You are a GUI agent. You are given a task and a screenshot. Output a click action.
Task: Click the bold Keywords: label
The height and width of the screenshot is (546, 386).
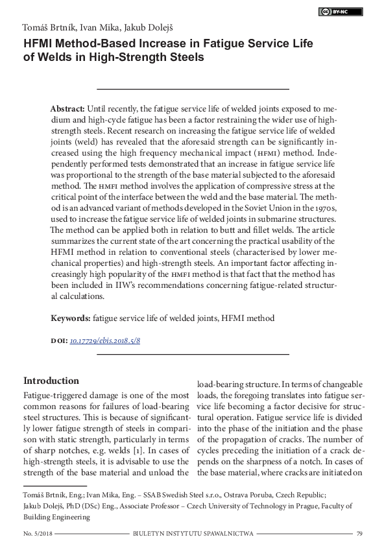[71, 318]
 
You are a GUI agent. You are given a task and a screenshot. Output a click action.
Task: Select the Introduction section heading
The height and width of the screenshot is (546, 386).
[51, 381]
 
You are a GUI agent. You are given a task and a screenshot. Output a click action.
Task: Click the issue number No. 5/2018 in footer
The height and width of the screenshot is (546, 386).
[38, 534]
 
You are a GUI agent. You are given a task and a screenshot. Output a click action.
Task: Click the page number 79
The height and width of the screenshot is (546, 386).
[359, 534]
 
